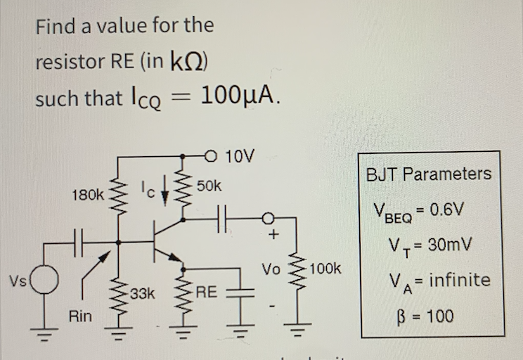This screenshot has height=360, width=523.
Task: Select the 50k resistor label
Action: click(x=209, y=186)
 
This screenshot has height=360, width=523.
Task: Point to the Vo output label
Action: click(x=271, y=269)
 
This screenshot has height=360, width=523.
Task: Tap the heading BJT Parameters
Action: click(x=428, y=174)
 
